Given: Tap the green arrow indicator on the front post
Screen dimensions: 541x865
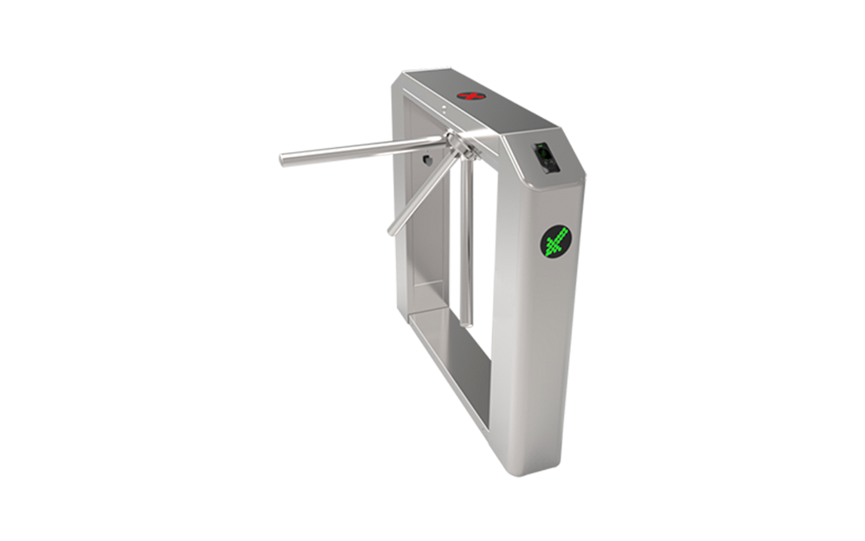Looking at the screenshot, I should click(x=555, y=241).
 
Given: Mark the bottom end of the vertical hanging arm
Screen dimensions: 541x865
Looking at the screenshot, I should click(x=466, y=322).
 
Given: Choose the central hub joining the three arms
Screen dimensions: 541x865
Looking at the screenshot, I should click(x=458, y=142).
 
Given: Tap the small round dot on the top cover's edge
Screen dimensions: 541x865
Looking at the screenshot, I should click(x=444, y=109).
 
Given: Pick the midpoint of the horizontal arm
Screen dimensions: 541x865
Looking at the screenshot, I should click(x=363, y=150).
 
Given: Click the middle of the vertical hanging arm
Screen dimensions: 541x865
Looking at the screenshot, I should click(x=466, y=242).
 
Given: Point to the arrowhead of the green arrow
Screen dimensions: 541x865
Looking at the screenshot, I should click(x=564, y=231).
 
